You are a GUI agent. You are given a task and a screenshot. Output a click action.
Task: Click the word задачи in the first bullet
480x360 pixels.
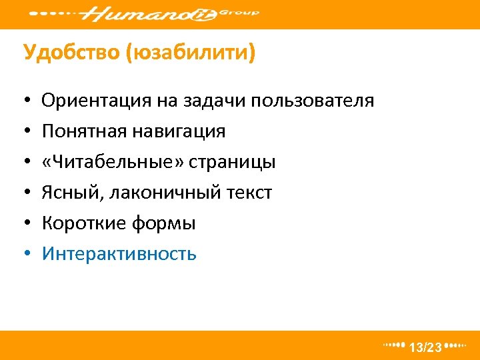tap(212, 101)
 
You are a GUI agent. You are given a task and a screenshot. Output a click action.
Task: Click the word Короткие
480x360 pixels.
tap(79, 223)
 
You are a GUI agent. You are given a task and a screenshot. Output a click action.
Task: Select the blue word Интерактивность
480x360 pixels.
tap(119, 254)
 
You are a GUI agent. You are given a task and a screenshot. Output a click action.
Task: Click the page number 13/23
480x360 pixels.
tap(425, 347)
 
